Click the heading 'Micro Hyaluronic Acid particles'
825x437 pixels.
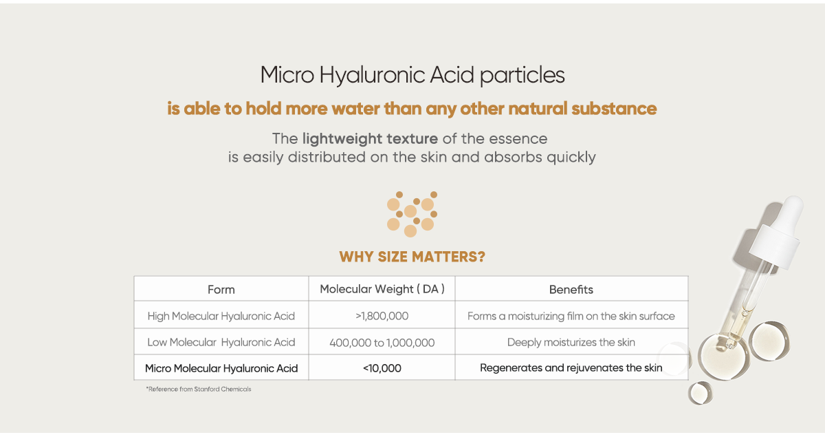(x=412, y=76)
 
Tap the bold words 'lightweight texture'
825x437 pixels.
(x=370, y=139)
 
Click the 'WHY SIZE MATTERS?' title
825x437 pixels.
(x=412, y=257)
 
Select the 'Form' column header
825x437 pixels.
(x=221, y=290)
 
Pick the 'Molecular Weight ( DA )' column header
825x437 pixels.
(x=382, y=289)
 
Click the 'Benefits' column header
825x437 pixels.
(x=571, y=290)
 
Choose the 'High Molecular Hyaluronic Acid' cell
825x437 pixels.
(x=221, y=316)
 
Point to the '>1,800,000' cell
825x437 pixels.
(x=382, y=316)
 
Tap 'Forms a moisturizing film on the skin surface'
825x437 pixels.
(x=571, y=316)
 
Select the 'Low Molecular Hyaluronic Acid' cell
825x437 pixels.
(x=221, y=342)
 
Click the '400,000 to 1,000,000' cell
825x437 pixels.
(x=382, y=343)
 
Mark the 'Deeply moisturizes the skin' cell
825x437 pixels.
(x=571, y=342)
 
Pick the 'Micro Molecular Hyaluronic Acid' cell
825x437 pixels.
(x=221, y=368)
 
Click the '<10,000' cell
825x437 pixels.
(x=382, y=368)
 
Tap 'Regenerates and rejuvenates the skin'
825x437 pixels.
(x=571, y=367)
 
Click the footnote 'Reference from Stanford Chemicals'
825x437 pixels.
(x=199, y=389)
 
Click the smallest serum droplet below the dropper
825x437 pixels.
(x=701, y=393)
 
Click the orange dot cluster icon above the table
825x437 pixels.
(x=412, y=214)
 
